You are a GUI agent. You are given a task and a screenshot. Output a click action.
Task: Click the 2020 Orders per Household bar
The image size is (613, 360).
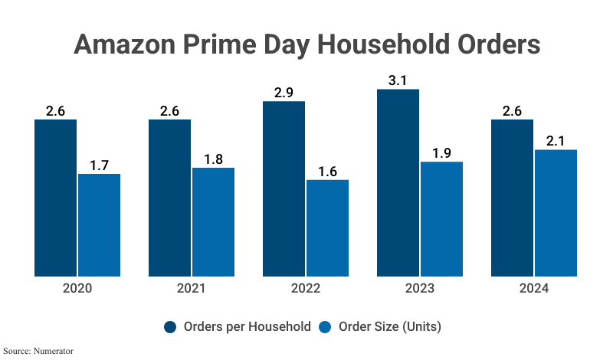[x=55, y=198]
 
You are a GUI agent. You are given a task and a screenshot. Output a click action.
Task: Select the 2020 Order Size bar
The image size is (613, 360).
[x=99, y=224]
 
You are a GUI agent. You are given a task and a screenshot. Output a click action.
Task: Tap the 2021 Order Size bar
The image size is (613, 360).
[x=213, y=221]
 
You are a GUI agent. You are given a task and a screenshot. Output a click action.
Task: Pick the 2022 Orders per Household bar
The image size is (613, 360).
[x=284, y=188]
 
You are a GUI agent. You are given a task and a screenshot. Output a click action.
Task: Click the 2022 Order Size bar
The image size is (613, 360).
[x=327, y=227]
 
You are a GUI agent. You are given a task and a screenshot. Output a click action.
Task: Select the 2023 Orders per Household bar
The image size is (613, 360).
[x=398, y=182]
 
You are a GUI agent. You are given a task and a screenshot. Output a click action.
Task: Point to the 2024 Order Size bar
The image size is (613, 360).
[x=556, y=212]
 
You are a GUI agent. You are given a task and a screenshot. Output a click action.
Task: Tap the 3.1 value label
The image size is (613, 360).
[x=398, y=80]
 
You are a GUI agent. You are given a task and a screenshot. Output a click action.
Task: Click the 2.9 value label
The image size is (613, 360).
[x=284, y=92]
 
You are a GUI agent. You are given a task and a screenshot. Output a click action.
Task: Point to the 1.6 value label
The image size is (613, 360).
[x=327, y=171]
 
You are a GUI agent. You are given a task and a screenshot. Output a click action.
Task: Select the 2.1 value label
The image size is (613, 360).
[x=556, y=140]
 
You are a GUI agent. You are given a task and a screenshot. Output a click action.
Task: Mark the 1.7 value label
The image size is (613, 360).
[x=99, y=165]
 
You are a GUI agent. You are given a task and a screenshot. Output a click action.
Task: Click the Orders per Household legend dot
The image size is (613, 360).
[x=171, y=326]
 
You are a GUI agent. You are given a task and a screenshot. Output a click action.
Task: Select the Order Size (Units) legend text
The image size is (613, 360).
[x=390, y=326]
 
